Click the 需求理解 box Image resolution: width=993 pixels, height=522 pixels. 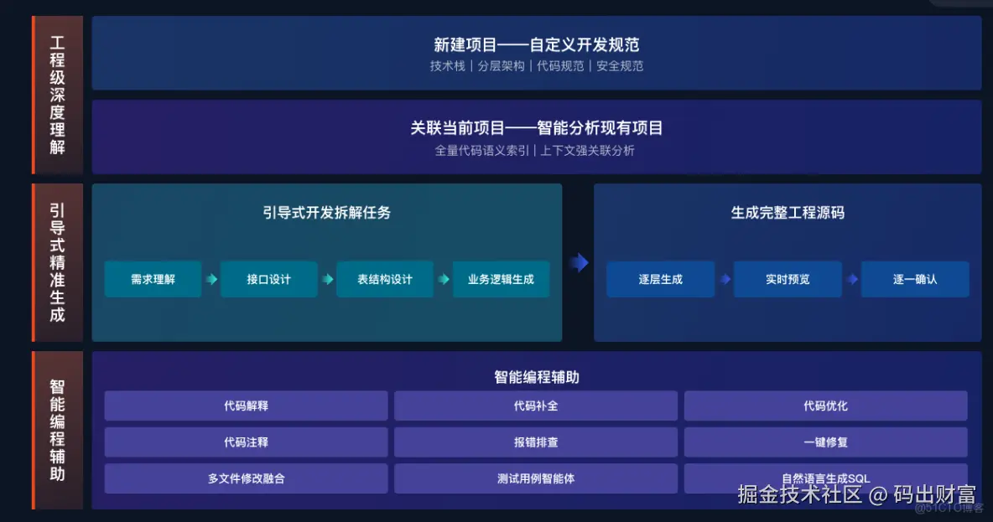153,279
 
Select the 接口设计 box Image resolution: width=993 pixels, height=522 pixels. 268,279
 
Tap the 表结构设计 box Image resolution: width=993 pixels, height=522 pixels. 385,279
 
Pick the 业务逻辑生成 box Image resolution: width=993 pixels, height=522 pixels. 501,279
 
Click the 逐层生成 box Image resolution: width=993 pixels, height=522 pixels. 660,279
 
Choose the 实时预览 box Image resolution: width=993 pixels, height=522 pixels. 788,279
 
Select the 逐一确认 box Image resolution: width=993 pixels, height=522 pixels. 915,279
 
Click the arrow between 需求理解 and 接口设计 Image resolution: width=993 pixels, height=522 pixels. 211,279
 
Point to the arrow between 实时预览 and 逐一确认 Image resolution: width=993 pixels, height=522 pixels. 852,279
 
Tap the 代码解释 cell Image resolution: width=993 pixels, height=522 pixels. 246,406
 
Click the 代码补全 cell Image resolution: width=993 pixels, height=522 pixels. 536,406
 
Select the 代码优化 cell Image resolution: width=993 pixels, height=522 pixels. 825,406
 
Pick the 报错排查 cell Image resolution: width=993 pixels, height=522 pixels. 536,442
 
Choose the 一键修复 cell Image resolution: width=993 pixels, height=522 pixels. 825,442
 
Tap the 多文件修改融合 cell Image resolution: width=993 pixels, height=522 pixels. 246,478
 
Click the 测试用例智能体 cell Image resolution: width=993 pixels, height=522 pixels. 536,478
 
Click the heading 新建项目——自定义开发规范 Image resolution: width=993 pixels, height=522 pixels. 536,45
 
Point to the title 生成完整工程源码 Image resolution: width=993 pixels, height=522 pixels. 788,213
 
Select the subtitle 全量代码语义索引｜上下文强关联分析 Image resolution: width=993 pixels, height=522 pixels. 536,151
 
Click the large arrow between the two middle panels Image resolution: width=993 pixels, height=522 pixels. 578,263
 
